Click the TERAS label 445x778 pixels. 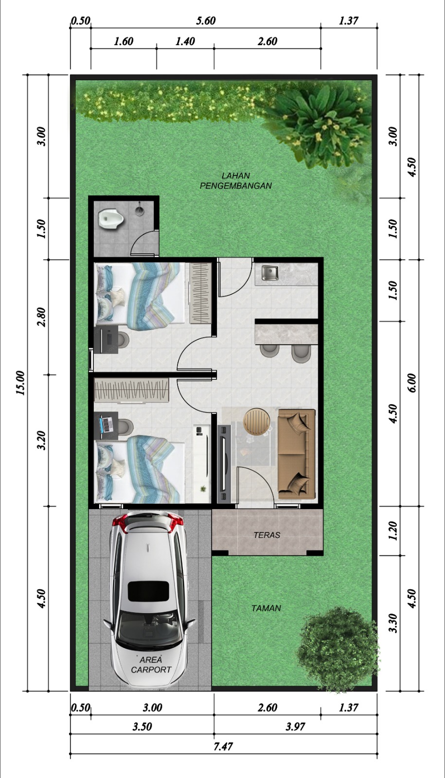pyautogui.click(x=267, y=535)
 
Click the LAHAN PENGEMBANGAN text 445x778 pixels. pyautogui.click(x=235, y=180)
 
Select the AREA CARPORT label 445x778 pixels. pyautogui.click(x=151, y=665)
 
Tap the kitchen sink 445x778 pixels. pyautogui.click(x=270, y=273)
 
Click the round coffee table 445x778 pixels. pyautogui.click(x=257, y=421)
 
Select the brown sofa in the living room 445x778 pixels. pyautogui.click(x=297, y=454)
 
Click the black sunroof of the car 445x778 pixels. pyautogui.click(x=149, y=591)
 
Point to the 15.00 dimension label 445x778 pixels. pyautogui.click(x=20, y=383)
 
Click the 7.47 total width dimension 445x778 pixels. pyautogui.click(x=223, y=746)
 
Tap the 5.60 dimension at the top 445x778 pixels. pyautogui.click(x=206, y=21)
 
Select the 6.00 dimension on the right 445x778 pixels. pyautogui.click(x=412, y=383)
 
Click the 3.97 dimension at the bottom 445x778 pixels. pyautogui.click(x=295, y=726)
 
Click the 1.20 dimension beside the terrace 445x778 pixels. pyautogui.click(x=393, y=530)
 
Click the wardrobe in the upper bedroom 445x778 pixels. pyautogui.click(x=200, y=293)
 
